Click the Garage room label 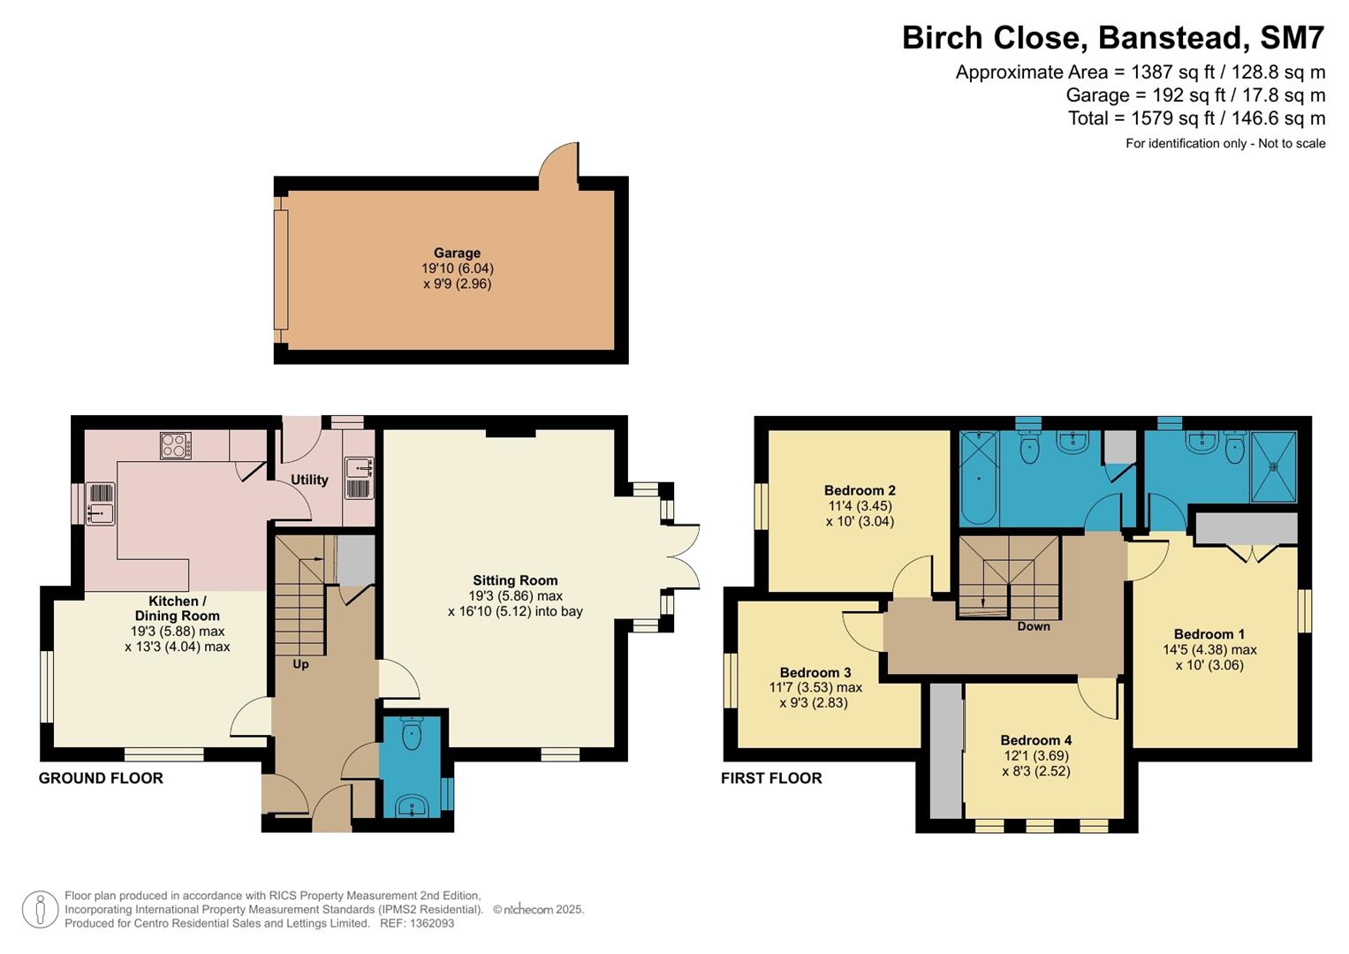click(457, 254)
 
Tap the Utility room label click(309, 480)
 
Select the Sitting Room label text click(515, 580)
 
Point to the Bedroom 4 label click(1036, 740)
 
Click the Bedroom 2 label click(860, 490)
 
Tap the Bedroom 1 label click(1209, 634)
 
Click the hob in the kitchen click(176, 445)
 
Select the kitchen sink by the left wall click(101, 503)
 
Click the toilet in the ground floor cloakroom click(412, 734)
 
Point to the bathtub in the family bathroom click(979, 478)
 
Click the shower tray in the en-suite click(1273, 466)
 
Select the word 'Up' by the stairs click(300, 663)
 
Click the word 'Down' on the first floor click(1034, 626)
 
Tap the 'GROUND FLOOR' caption click(101, 778)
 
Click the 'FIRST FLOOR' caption click(771, 778)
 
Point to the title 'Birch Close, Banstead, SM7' click(1113, 38)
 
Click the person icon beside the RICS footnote click(40, 910)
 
